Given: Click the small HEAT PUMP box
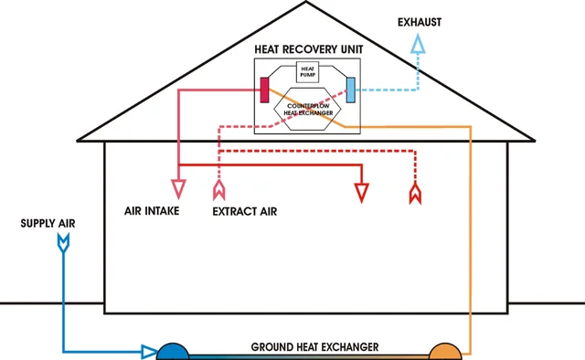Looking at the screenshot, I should click(308, 72).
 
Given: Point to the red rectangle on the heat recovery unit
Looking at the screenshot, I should click(264, 90).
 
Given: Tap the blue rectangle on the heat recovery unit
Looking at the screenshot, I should click(351, 90).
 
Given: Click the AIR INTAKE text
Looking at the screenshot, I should click(152, 211).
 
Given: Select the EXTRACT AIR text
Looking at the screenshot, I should click(244, 211).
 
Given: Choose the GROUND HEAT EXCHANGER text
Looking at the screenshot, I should click(314, 348).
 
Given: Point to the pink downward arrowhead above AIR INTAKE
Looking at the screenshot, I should click(178, 190).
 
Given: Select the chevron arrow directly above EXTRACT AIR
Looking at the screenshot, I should click(218, 191).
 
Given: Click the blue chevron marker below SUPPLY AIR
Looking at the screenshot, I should click(63, 242).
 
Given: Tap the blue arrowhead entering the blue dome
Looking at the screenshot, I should click(148, 351).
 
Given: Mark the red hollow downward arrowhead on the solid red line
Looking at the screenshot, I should click(363, 192).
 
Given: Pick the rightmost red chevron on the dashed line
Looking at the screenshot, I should click(415, 193).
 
